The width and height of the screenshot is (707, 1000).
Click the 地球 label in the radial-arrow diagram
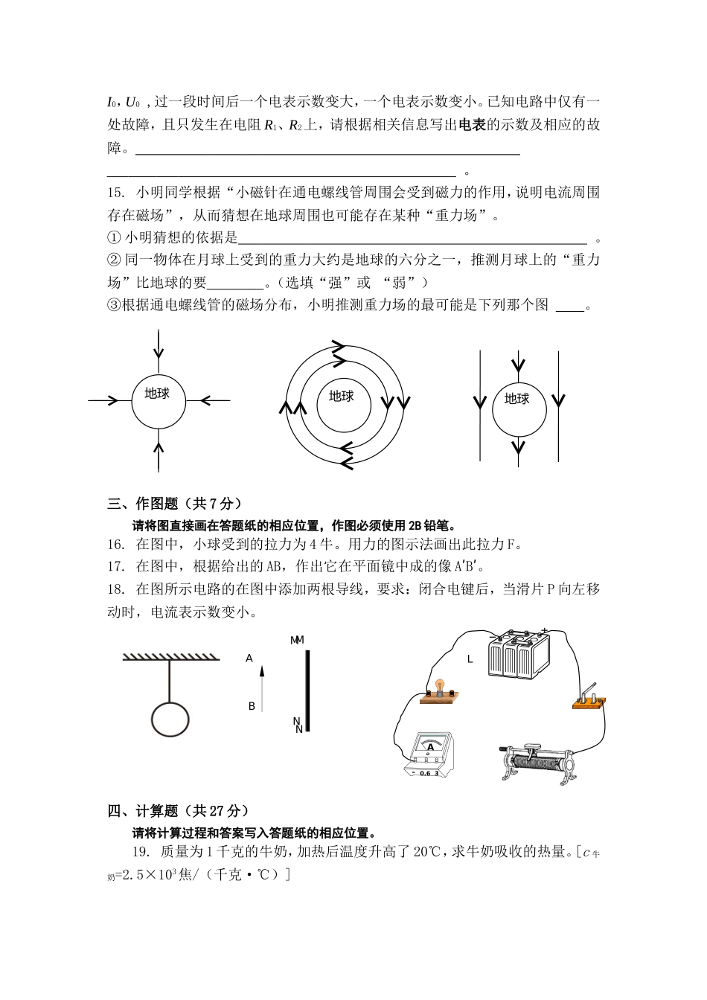click(x=157, y=394)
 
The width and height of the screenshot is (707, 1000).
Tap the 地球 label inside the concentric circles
click(x=341, y=397)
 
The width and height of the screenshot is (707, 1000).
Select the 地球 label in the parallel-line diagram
click(x=516, y=400)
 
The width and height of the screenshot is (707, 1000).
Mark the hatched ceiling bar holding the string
click(x=170, y=656)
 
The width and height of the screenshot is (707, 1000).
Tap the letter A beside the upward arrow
click(x=250, y=658)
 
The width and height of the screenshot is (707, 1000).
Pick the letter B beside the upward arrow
click(x=252, y=706)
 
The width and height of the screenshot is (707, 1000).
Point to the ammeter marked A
click(x=429, y=755)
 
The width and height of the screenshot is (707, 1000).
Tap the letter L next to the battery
click(x=470, y=659)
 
